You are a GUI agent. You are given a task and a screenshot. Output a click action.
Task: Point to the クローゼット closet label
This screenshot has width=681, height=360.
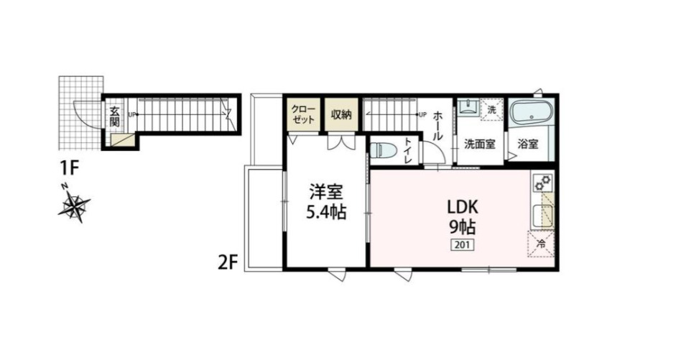coord(302,114)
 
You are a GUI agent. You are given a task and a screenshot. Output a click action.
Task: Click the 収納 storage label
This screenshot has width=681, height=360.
coord(341,114)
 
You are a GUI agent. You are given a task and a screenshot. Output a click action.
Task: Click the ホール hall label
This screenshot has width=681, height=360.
coord(438,126)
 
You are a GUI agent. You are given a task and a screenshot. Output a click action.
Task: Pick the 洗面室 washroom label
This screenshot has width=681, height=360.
coord(479,143)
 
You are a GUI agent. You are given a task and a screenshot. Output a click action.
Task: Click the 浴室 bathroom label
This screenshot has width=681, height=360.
coord(529,143)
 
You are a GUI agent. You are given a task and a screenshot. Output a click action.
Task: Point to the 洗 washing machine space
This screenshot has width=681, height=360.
coord(491,110)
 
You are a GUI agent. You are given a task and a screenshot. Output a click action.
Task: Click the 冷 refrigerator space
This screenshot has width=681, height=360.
coord(542,244)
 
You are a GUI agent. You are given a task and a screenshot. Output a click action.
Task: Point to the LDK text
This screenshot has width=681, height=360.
coord(463,208)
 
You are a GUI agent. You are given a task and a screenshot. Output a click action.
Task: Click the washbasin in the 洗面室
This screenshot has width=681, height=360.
coord(468,109)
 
